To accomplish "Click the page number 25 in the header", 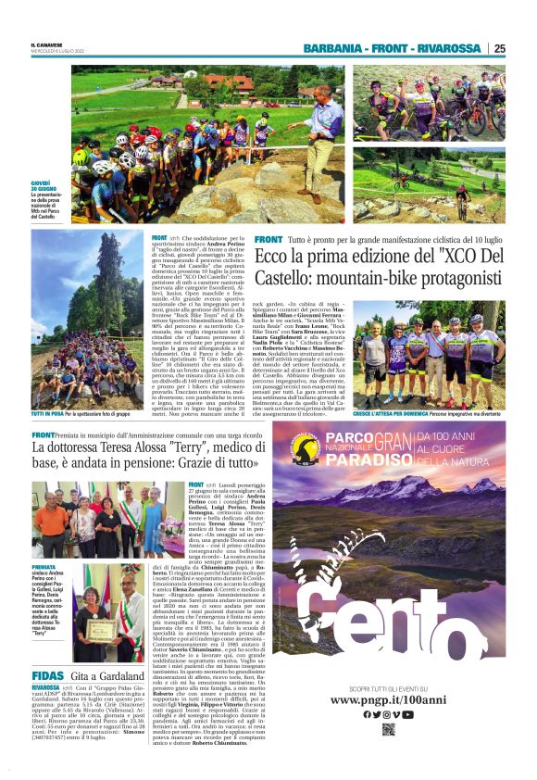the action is pyautogui.click(x=499, y=48).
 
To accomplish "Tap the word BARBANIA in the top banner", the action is pyautogui.click(x=336, y=48).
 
